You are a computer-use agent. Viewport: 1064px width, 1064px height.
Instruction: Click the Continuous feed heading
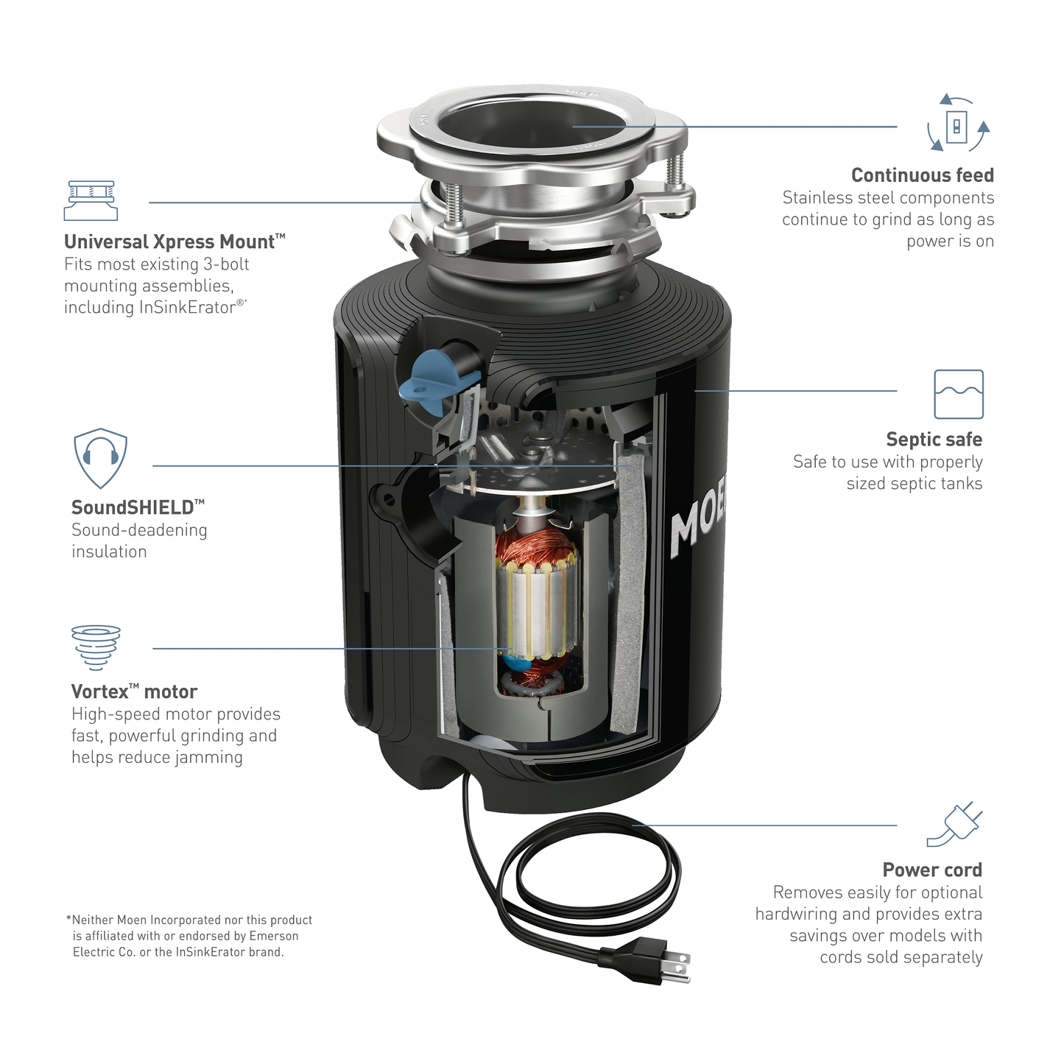pyautogui.click(x=922, y=175)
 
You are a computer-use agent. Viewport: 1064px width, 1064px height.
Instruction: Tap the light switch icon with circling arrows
pyautogui.click(x=958, y=122)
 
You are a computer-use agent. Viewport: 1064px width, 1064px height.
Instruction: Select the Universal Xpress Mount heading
pyautogui.click(x=175, y=242)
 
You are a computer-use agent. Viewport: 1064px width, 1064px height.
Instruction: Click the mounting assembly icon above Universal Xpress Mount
pyautogui.click(x=91, y=200)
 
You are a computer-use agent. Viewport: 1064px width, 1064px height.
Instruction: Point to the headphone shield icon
pyautogui.click(x=100, y=458)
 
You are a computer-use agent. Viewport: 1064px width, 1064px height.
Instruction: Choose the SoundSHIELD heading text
pyautogui.click(x=138, y=507)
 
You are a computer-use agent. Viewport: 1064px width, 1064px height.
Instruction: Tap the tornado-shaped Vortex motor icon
pyautogui.click(x=96, y=647)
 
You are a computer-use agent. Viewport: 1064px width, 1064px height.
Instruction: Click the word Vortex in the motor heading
pyautogui.click(x=100, y=692)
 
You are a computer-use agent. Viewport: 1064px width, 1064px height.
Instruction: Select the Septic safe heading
pyautogui.click(x=934, y=440)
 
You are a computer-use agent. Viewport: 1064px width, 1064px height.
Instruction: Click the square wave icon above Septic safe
pyautogui.click(x=959, y=394)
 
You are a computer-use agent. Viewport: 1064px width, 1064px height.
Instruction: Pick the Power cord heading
pyautogui.click(x=932, y=870)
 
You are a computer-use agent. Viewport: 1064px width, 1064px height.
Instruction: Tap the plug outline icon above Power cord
pyautogui.click(x=954, y=825)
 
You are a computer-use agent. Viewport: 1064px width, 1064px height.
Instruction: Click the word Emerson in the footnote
pyautogui.click(x=274, y=936)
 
